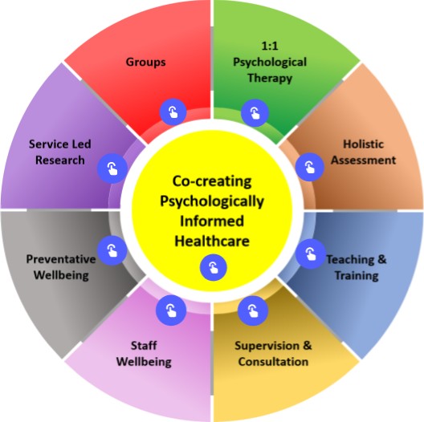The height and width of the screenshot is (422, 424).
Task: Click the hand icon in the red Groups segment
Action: point(171,112)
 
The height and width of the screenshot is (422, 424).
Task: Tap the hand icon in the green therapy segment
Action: point(253,112)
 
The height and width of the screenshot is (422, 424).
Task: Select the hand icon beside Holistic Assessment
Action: point(308,166)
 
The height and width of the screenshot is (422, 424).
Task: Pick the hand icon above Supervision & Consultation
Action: point(252,309)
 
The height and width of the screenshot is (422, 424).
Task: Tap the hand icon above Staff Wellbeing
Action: point(170,307)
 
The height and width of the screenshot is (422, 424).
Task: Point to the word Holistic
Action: point(362,144)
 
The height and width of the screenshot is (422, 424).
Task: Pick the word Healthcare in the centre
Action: point(212,240)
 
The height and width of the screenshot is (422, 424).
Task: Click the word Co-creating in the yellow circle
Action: point(212,182)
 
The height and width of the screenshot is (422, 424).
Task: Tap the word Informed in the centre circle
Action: point(212,221)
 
